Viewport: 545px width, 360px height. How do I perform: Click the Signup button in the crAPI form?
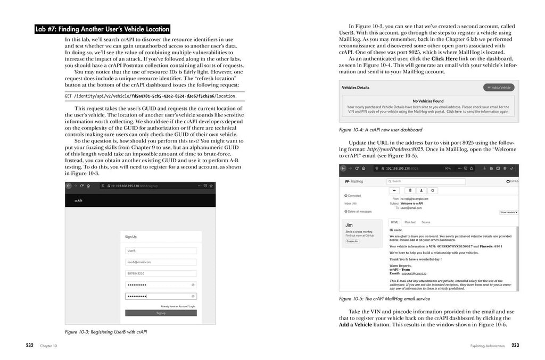coord(161,313)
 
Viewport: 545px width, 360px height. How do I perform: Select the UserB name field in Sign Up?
coord(161,250)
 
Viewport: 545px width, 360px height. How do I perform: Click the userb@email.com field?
coord(161,262)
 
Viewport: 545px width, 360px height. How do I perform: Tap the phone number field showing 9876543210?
coord(161,273)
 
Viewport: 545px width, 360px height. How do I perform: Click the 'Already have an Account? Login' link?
coord(178,306)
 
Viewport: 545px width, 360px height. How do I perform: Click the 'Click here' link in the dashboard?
coord(454,112)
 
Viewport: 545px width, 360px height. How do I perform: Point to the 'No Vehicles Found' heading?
coord(427,101)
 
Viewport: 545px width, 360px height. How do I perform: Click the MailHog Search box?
coord(426,181)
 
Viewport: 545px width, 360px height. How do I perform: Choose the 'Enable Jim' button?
coord(352,241)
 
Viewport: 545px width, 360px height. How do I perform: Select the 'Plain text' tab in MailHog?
coord(410,222)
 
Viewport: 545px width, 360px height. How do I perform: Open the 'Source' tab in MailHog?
coord(426,222)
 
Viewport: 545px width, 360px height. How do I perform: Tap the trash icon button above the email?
coord(410,190)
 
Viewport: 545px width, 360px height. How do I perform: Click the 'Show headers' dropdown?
coord(508,212)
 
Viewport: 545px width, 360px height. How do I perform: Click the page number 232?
coord(29,346)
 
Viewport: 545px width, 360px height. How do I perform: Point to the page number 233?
coord(515,346)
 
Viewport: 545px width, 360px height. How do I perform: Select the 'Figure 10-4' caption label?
coord(352,130)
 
